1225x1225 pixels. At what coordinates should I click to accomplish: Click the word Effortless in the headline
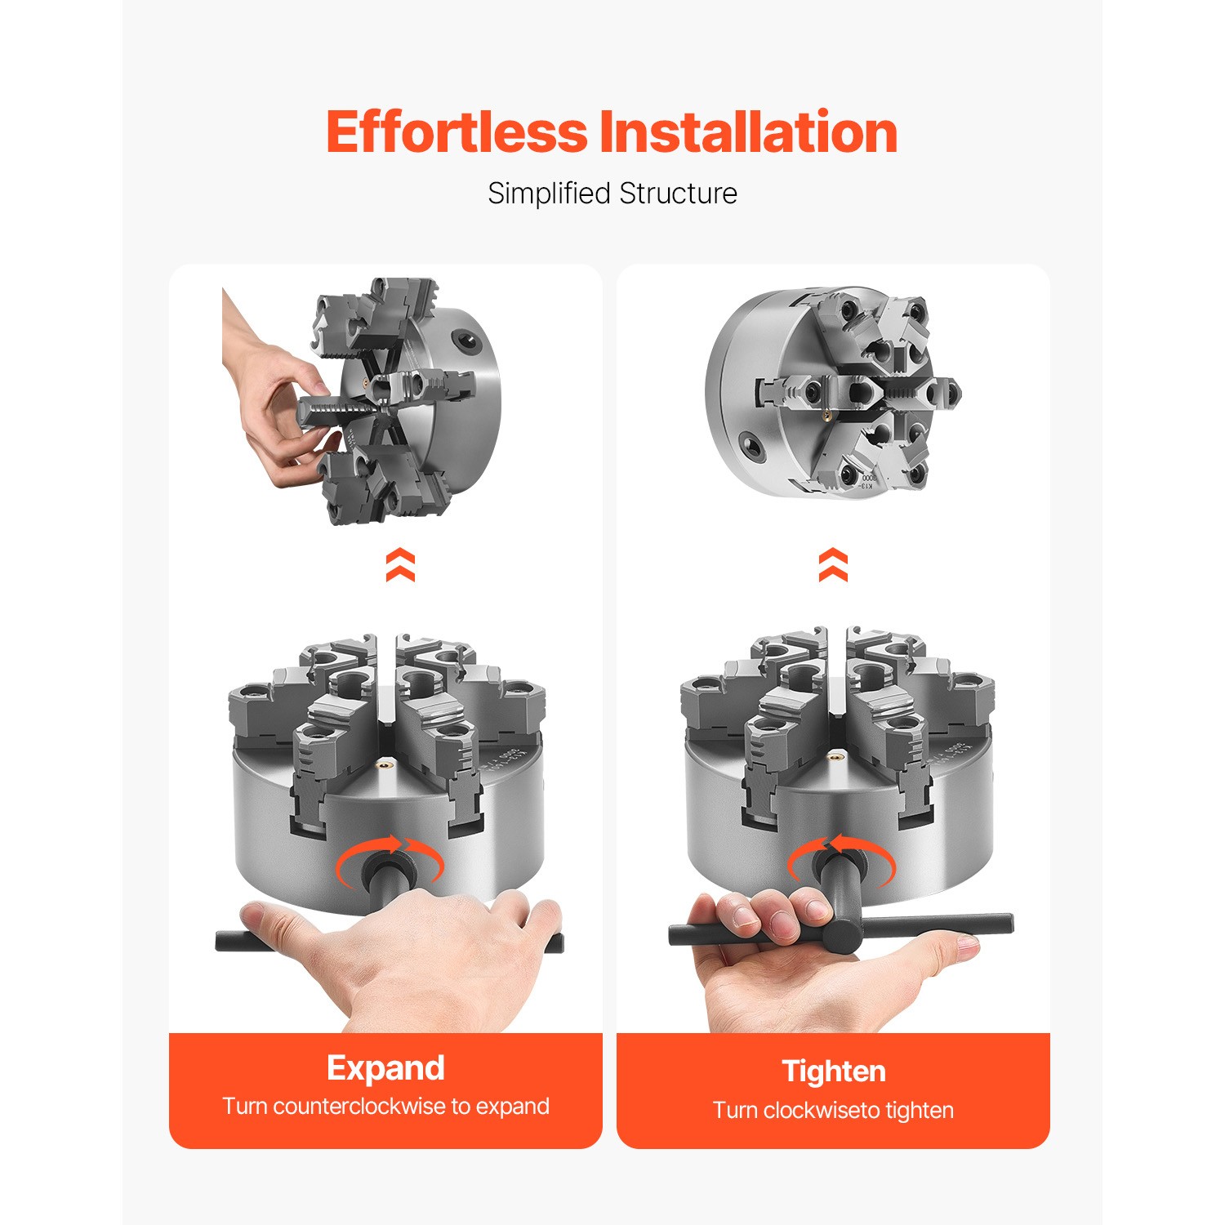pyautogui.click(x=457, y=131)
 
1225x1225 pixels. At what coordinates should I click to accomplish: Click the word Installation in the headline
pyautogui.click(x=748, y=131)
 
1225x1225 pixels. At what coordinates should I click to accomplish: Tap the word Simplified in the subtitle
pyautogui.click(x=549, y=194)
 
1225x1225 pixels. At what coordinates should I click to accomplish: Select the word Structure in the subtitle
pyautogui.click(x=678, y=194)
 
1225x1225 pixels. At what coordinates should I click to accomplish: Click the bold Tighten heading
pyautogui.click(x=833, y=1071)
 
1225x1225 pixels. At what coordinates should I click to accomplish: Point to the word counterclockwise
pyautogui.click(x=359, y=1107)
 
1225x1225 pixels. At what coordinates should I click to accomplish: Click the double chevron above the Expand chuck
pyautogui.click(x=400, y=565)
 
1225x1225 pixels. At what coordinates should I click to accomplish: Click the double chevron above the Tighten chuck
pyautogui.click(x=833, y=564)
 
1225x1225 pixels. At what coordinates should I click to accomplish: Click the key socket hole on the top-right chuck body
pyautogui.click(x=748, y=443)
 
